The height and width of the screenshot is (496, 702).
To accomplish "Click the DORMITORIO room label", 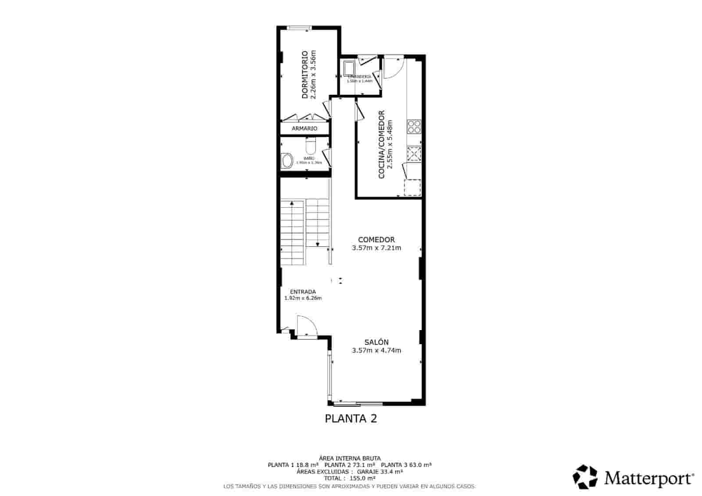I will (304, 75).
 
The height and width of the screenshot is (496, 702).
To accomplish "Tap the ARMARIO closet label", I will (304, 129).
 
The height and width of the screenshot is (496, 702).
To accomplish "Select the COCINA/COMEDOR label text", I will (381, 144).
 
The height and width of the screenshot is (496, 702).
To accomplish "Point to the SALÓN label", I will (376, 342).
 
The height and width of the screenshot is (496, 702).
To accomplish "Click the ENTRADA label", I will (303, 291).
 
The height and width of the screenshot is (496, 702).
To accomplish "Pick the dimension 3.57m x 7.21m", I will (376, 248).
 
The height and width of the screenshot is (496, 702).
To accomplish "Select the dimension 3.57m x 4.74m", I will (376, 350).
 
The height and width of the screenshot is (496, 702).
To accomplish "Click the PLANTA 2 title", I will (351, 418).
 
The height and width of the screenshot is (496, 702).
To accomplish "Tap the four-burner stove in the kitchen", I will (414, 127).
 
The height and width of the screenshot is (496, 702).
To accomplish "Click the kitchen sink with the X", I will (414, 154).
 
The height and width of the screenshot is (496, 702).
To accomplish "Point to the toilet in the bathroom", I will (310, 145).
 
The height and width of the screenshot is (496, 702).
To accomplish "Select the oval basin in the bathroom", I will (287, 161).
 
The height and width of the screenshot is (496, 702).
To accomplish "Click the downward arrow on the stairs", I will (317, 244).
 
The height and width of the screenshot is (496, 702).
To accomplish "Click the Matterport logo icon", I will (585, 477).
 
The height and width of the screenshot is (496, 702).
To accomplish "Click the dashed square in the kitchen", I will (412, 187).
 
